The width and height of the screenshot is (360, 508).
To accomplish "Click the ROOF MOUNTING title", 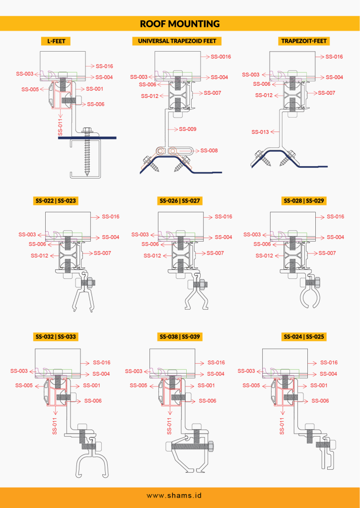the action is click(x=180, y=24).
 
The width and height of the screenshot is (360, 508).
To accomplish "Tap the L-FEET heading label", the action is click(x=56, y=41).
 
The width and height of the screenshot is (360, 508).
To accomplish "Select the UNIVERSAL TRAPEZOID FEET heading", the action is click(x=177, y=41).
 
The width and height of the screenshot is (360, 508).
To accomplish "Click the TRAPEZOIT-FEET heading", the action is click(x=304, y=41).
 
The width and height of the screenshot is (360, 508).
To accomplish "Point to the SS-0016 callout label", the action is click(x=221, y=57).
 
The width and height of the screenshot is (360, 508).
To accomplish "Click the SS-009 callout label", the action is click(x=188, y=129).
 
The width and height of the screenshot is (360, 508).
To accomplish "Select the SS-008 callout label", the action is click(x=209, y=151).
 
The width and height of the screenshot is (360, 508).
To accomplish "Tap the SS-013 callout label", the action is click(x=260, y=132).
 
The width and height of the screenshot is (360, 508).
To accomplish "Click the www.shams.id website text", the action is click(x=174, y=496).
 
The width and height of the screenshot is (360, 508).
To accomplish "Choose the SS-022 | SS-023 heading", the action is click(x=56, y=201).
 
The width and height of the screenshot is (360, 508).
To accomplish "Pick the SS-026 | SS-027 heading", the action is click(x=180, y=201).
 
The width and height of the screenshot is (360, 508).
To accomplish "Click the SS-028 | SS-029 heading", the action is click(x=304, y=201).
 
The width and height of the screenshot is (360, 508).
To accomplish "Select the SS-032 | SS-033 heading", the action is click(x=56, y=337).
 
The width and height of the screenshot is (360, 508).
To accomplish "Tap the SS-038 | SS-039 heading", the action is click(x=180, y=337).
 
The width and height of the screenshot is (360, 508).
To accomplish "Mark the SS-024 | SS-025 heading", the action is click(x=304, y=337).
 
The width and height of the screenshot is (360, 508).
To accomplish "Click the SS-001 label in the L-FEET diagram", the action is click(x=95, y=89).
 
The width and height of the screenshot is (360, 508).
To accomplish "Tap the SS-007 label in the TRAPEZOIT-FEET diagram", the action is click(x=327, y=93).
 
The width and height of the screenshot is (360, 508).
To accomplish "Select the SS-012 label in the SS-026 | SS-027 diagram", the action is click(x=152, y=255).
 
